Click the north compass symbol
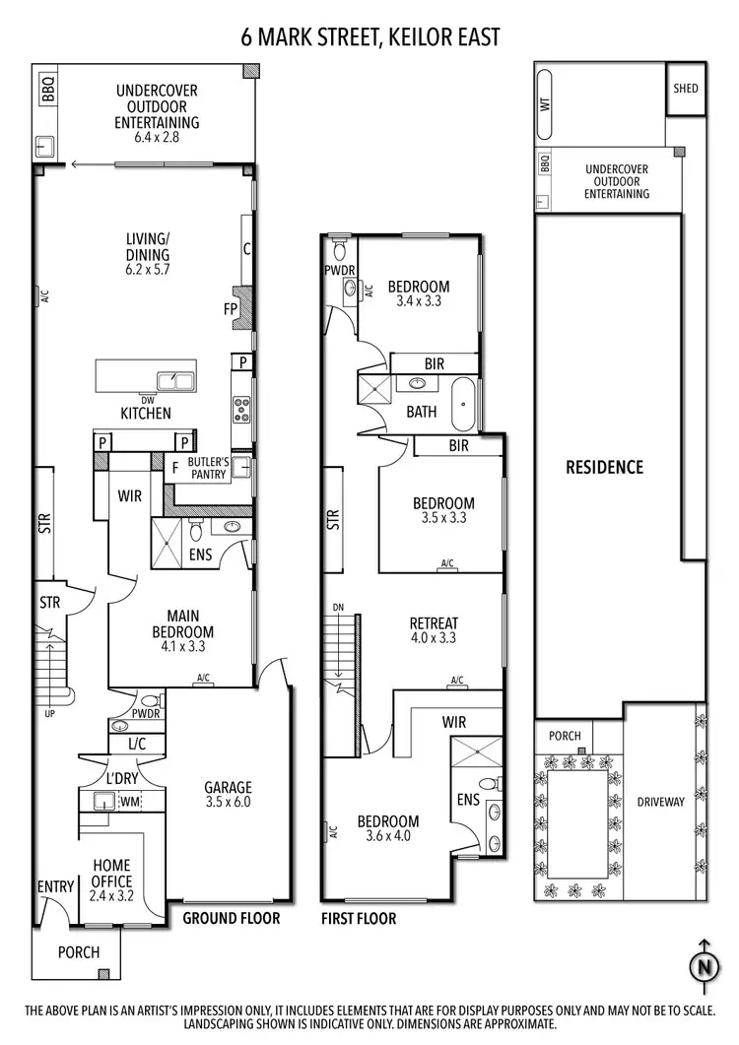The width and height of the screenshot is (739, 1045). coord(703,966)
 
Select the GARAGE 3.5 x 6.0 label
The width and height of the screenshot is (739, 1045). coord(229,795)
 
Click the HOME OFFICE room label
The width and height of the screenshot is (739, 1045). coord(111,873)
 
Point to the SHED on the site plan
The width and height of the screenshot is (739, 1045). coord(686,89)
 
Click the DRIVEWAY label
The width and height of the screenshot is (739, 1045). coord(659,802)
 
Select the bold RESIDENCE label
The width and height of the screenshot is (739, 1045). coord(604,467)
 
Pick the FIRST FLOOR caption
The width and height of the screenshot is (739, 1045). coord(359,919)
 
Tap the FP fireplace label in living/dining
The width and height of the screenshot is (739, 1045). coord(230,308)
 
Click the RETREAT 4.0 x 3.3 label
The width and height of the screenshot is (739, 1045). coord(434,630)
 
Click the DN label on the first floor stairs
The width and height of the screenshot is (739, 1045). coord(338,607)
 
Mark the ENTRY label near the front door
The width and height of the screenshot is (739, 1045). coord(55,886)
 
